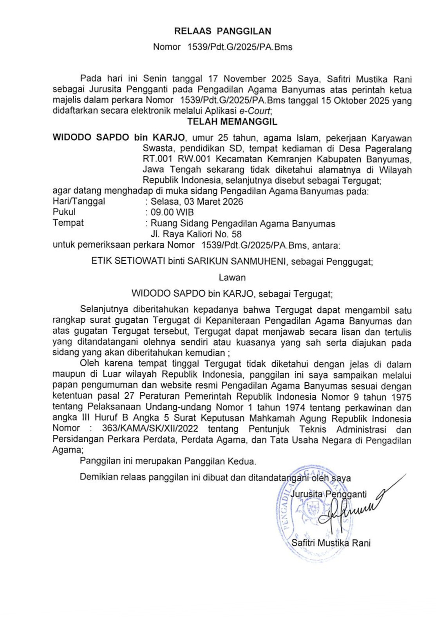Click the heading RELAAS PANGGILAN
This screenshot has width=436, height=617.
tap(223, 31)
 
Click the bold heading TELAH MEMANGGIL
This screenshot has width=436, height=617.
tap(232, 121)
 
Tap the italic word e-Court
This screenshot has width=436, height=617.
tap(255, 111)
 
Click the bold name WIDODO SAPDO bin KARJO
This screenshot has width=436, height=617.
tap(119, 138)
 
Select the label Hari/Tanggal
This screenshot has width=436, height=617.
tap(79, 201)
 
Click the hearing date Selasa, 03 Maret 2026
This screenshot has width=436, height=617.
tap(197, 202)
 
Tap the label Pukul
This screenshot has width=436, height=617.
tap(64, 212)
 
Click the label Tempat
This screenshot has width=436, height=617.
tap(68, 223)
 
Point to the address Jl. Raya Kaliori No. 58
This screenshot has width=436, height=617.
tap(196, 234)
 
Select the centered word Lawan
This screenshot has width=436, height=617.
tap(232, 277)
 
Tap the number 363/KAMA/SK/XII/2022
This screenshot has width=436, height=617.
tap(150, 429)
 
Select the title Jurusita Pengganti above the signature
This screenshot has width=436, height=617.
tap(328, 494)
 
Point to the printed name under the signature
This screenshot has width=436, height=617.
tap(331, 543)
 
